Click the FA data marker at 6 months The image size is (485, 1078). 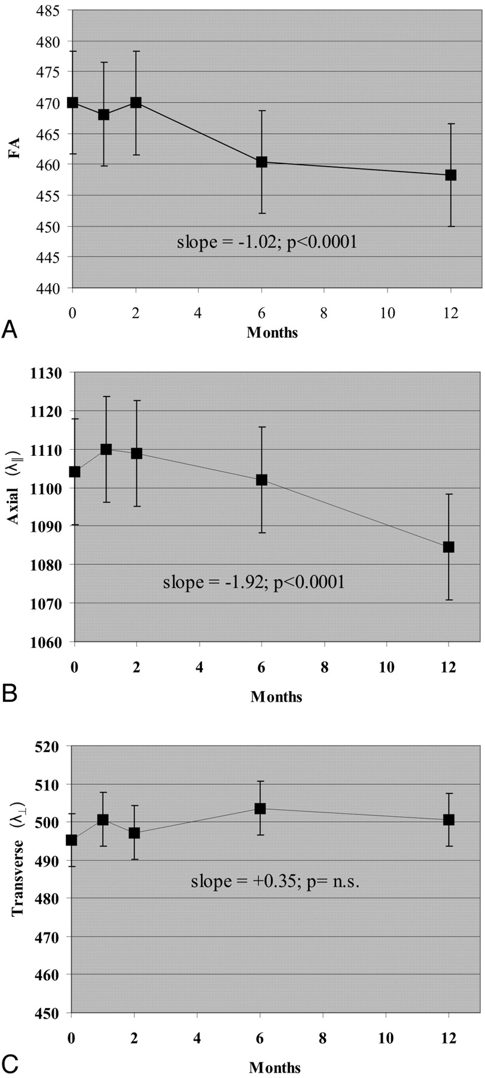[261, 162]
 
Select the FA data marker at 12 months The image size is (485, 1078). [450, 175]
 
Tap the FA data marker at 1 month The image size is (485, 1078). [104, 114]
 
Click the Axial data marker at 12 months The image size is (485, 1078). [449, 547]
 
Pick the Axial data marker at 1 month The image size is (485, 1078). [106, 449]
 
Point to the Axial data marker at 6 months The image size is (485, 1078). [261, 480]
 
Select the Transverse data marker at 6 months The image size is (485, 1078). [260, 808]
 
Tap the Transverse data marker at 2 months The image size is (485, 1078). [134, 832]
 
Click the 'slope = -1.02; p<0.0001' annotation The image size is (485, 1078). [267, 243]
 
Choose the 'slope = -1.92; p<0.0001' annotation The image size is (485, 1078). [254, 582]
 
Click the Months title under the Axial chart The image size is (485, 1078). [276, 697]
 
